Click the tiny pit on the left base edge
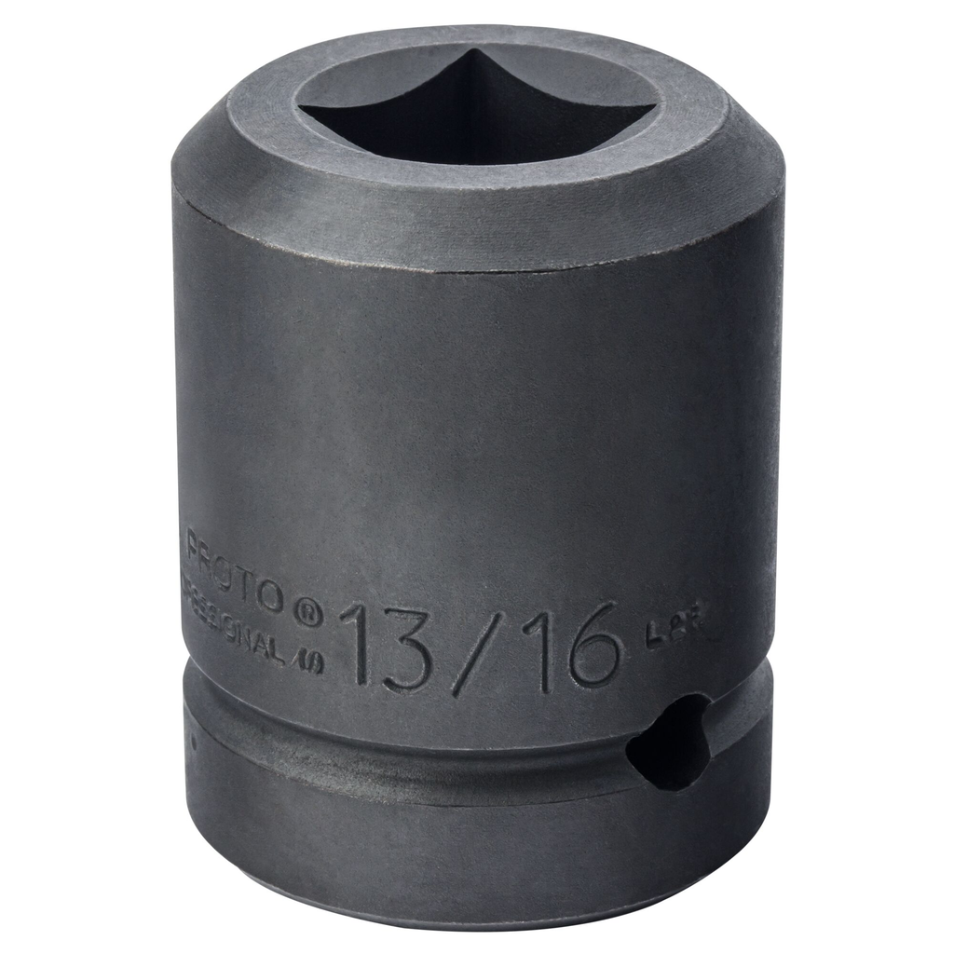[x=192, y=743]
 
